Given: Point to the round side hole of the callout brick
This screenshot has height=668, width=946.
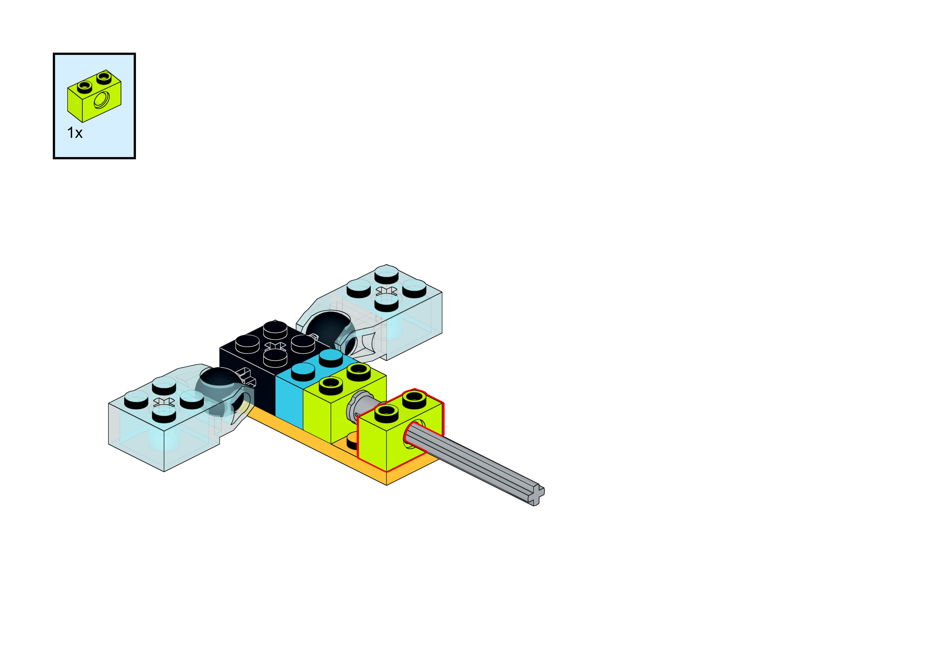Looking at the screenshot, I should (101, 100).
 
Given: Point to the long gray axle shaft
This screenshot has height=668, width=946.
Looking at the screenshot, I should (474, 461).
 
